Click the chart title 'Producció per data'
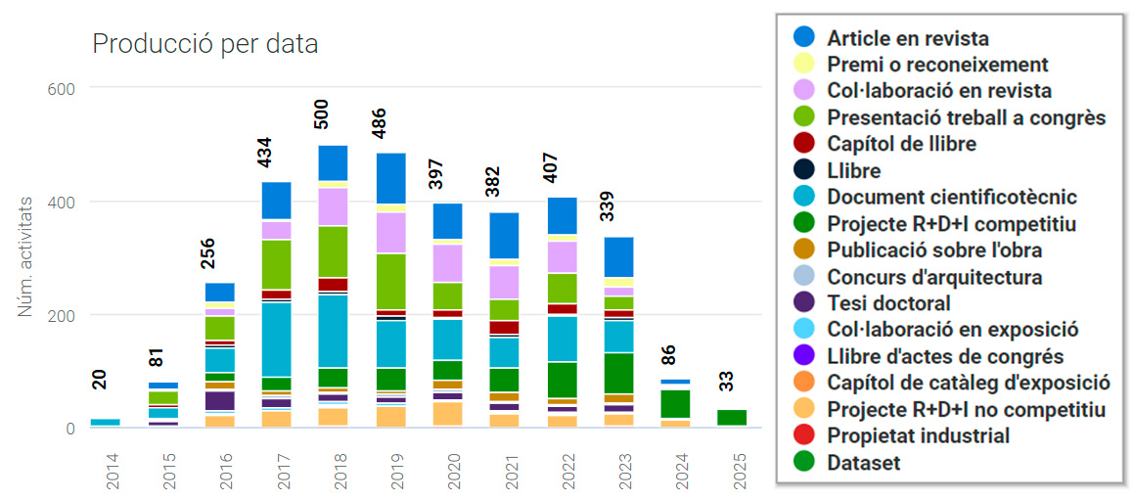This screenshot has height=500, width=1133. pos(204,44)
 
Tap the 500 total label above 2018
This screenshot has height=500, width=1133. pos(321,114)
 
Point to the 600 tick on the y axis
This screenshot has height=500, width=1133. pos(61,88)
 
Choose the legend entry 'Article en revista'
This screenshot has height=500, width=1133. pos(907,38)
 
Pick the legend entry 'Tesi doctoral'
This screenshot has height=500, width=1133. pos(888,303)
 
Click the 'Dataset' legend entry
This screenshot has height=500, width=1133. pos(863,463)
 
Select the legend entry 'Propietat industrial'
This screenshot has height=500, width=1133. pos(918,435)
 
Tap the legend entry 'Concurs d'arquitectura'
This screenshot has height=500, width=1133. pos(934,277)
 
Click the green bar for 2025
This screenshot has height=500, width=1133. pos(731,418)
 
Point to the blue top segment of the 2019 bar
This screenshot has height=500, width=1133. pos(391,178)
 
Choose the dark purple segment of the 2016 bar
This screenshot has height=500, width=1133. pos(219,400)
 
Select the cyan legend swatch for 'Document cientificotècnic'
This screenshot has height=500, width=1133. pos(804,197)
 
